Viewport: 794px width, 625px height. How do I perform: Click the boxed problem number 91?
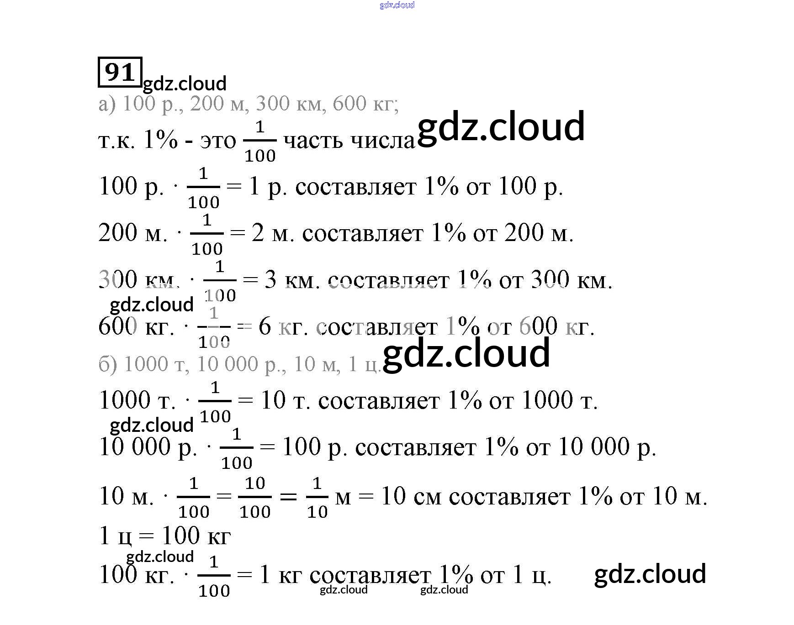(x=120, y=72)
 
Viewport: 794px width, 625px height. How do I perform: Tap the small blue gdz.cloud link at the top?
(x=397, y=5)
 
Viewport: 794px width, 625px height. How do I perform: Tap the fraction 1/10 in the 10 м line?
(x=317, y=497)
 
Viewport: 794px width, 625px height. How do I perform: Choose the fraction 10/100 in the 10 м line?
(x=255, y=497)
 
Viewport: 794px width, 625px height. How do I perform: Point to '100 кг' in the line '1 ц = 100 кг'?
(x=196, y=536)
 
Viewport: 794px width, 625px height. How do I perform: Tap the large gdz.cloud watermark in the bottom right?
(x=650, y=574)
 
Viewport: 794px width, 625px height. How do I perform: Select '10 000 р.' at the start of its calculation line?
(x=148, y=447)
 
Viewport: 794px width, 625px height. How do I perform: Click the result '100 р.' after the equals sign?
(x=315, y=447)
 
